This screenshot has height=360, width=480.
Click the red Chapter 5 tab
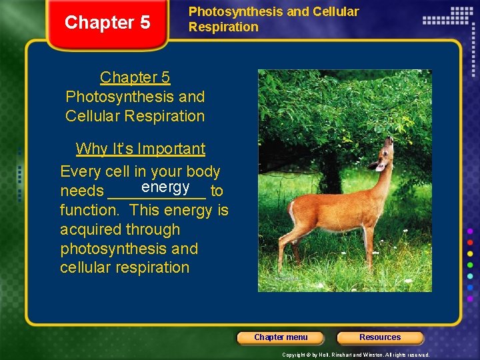pos(107,23)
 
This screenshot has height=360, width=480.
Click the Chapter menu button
pos(281,337)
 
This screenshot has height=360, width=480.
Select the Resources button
pos(380,337)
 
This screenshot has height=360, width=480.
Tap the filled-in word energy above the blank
pos(165,187)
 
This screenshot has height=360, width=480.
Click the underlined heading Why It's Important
pos(140,149)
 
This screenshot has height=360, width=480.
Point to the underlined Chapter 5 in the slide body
pos(135,77)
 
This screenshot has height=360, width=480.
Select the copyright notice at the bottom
pos(355,355)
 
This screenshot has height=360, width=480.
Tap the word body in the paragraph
pos(203,172)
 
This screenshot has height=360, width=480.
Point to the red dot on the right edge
pos(470,243)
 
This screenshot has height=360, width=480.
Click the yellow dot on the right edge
pos(470,254)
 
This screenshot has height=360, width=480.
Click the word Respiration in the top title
pos(223,27)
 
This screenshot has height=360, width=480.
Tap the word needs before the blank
pos(81,191)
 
